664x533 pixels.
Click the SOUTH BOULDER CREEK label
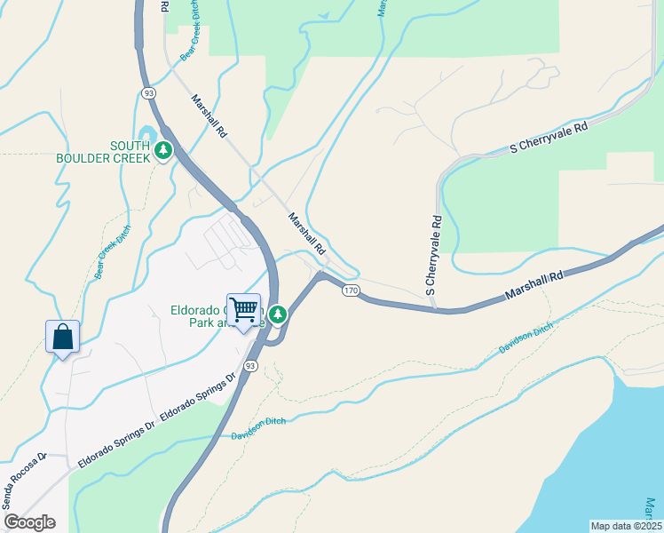104,152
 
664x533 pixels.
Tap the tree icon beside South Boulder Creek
163,151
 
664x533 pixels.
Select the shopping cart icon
243,310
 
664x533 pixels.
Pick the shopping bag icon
62,337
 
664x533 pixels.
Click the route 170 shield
351,290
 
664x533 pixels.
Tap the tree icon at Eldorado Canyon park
278,314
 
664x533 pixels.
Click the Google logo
29,523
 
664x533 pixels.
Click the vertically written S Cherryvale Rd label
433,255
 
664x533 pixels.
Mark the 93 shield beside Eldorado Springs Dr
251,366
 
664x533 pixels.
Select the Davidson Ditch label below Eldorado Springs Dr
258,429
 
